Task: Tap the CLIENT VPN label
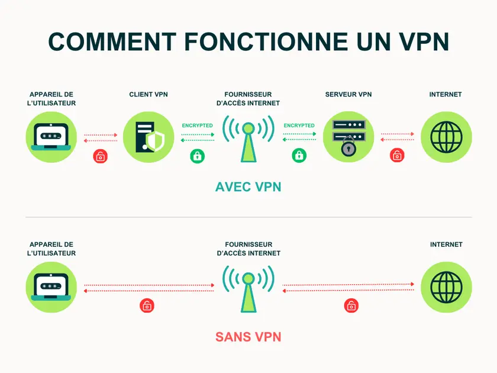pos(149,95)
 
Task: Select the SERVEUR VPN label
pos(348,95)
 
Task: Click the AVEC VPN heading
pos(248,187)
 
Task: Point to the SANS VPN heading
pos(248,337)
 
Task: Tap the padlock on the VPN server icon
pos(348,149)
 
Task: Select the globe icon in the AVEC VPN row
pos(446,137)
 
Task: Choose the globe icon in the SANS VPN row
pos(446,287)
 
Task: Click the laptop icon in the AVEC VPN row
pos(51,137)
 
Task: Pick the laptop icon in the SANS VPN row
pos(51,287)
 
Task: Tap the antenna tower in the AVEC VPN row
pos(248,140)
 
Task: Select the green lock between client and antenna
pos(197,156)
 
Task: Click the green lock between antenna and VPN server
pos(299,156)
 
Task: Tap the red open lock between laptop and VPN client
pos(101,156)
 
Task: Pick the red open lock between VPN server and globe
pos(397,156)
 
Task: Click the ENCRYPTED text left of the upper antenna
pos(197,126)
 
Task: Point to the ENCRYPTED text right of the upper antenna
pos(299,126)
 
